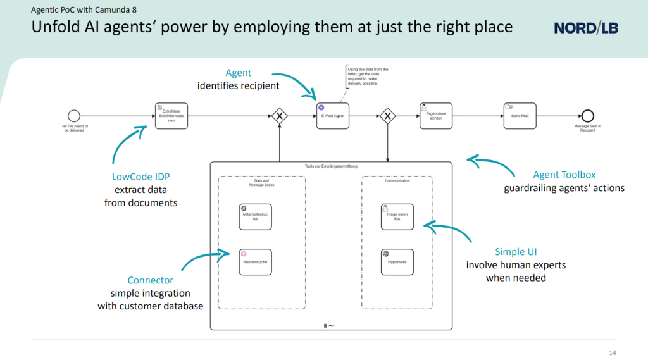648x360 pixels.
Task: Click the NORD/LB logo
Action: pyautogui.click(x=585, y=28)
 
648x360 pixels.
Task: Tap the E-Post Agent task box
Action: pyautogui.click(x=332, y=116)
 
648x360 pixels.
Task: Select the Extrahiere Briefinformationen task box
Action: pyautogui.click(x=171, y=116)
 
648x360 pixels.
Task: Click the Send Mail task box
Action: pyautogui.click(x=520, y=116)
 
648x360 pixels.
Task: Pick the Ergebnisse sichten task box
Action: pyautogui.click(x=435, y=116)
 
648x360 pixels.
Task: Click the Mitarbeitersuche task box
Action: pyautogui.click(x=255, y=216)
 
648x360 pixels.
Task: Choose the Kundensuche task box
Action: pyautogui.click(x=255, y=261)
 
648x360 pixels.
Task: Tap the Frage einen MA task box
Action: pyautogui.click(x=397, y=216)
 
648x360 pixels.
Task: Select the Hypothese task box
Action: pyautogui.click(x=397, y=261)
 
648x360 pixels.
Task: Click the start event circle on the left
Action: pyautogui.click(x=74, y=116)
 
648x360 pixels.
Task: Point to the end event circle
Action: pyautogui.click(x=587, y=116)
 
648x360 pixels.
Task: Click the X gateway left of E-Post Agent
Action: pyautogui.click(x=278, y=116)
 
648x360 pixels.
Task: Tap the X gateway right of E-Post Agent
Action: pyautogui.click(x=387, y=116)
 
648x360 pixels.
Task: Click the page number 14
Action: pyautogui.click(x=612, y=352)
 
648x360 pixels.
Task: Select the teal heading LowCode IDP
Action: pyautogui.click(x=140, y=177)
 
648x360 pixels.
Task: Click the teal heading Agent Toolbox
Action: pyautogui.click(x=564, y=175)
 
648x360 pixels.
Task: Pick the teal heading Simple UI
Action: pyautogui.click(x=516, y=252)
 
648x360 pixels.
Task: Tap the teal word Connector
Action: pyautogui.click(x=150, y=280)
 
